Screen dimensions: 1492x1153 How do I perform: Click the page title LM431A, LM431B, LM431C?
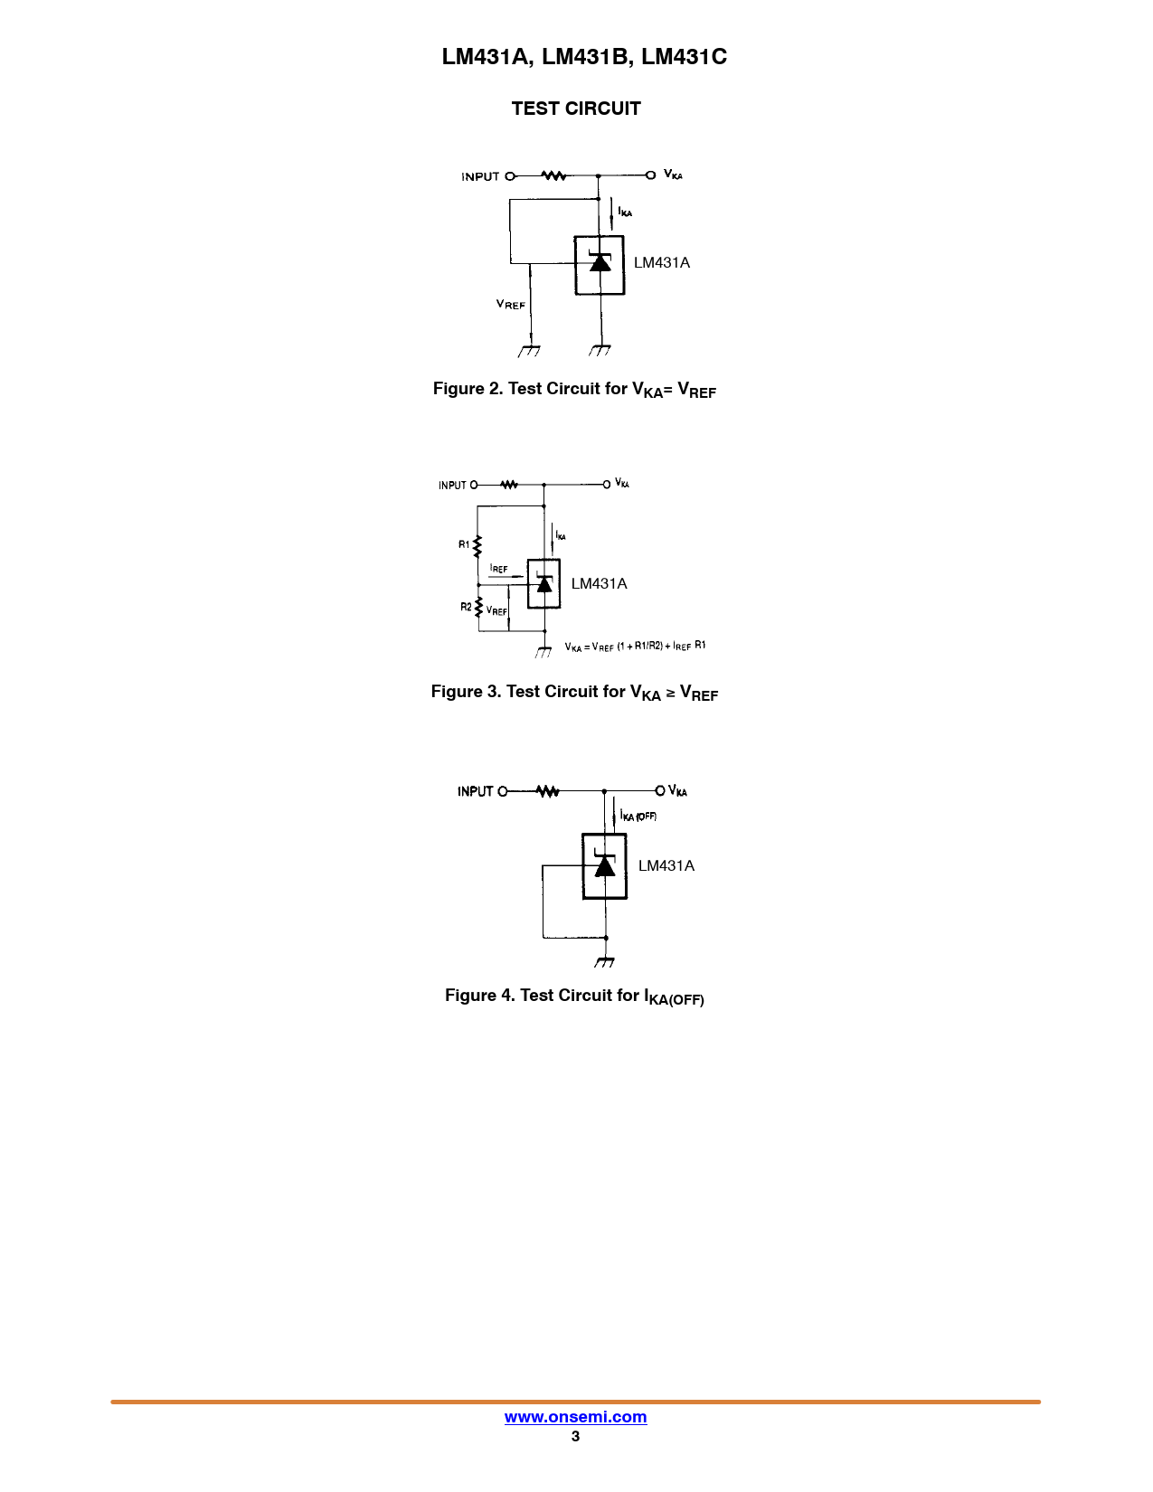point(584,57)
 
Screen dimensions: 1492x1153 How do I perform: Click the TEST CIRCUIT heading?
point(576,109)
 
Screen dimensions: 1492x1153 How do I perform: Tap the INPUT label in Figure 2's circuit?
point(480,176)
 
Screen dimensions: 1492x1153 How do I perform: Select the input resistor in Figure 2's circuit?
point(553,175)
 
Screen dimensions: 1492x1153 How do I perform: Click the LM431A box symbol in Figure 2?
point(600,265)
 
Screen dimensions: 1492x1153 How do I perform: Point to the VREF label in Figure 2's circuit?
point(510,305)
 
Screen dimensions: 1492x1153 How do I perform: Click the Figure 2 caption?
point(574,390)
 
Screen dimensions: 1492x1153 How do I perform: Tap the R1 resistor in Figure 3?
point(477,545)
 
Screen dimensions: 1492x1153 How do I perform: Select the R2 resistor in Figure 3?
point(478,607)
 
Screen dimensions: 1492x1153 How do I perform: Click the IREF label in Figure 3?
point(498,569)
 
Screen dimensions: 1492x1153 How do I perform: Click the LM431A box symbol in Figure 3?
point(543,584)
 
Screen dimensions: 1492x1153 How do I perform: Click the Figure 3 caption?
point(574,693)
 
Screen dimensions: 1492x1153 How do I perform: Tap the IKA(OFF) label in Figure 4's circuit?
point(638,817)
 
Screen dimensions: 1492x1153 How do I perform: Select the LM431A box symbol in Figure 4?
point(604,866)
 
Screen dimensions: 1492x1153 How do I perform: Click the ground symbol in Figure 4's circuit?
point(605,962)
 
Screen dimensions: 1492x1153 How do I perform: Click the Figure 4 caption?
point(574,996)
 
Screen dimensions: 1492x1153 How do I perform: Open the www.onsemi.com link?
point(575,1417)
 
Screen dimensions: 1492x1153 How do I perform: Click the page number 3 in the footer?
point(575,1436)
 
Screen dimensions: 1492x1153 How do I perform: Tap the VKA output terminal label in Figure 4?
point(677,791)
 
